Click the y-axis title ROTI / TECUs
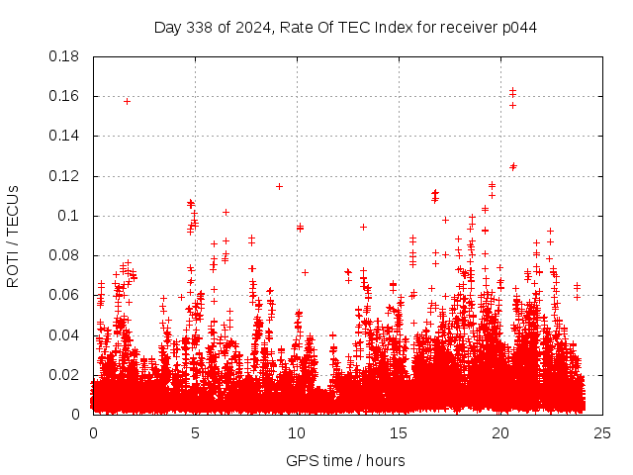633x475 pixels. pyautogui.click(x=13, y=236)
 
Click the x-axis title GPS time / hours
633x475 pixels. pyautogui.click(x=345, y=460)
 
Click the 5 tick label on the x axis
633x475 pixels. pyautogui.click(x=195, y=432)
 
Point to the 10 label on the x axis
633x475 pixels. pyautogui.click(x=297, y=432)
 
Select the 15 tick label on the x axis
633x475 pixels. pyautogui.click(x=399, y=432)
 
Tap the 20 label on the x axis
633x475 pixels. pyautogui.click(x=500, y=432)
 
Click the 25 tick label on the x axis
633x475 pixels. pyautogui.click(x=601, y=432)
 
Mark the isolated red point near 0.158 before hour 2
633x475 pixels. pyautogui.click(x=127, y=101)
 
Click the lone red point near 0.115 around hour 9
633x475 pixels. pyautogui.click(x=279, y=186)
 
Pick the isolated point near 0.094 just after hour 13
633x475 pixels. pyautogui.click(x=363, y=227)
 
